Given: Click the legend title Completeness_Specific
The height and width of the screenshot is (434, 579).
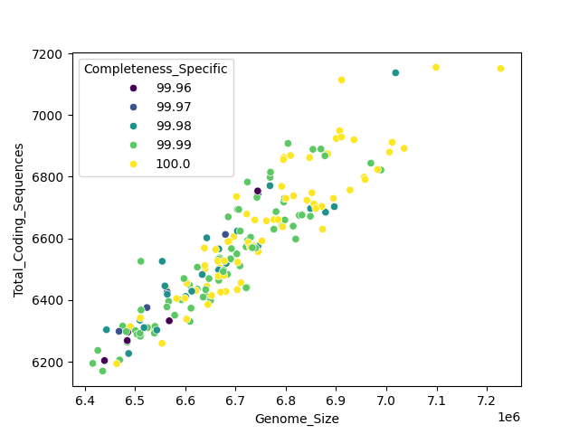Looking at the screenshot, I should (156, 70).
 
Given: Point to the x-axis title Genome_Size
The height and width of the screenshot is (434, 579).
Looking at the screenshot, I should (297, 419).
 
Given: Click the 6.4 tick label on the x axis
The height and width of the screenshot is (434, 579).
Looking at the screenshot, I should (85, 400).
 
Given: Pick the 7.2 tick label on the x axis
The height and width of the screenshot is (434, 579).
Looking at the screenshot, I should (487, 400).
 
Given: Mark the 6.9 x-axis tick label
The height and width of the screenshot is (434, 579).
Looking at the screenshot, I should (337, 400).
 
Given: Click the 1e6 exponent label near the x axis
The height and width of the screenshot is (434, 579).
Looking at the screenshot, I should (508, 415).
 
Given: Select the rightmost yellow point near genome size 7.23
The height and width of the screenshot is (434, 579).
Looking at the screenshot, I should (500, 69).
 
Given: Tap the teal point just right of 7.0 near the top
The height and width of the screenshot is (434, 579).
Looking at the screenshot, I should (395, 73).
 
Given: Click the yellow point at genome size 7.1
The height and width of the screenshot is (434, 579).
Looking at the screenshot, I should (436, 67).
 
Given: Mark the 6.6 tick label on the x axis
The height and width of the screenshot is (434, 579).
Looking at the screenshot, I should (185, 400).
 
